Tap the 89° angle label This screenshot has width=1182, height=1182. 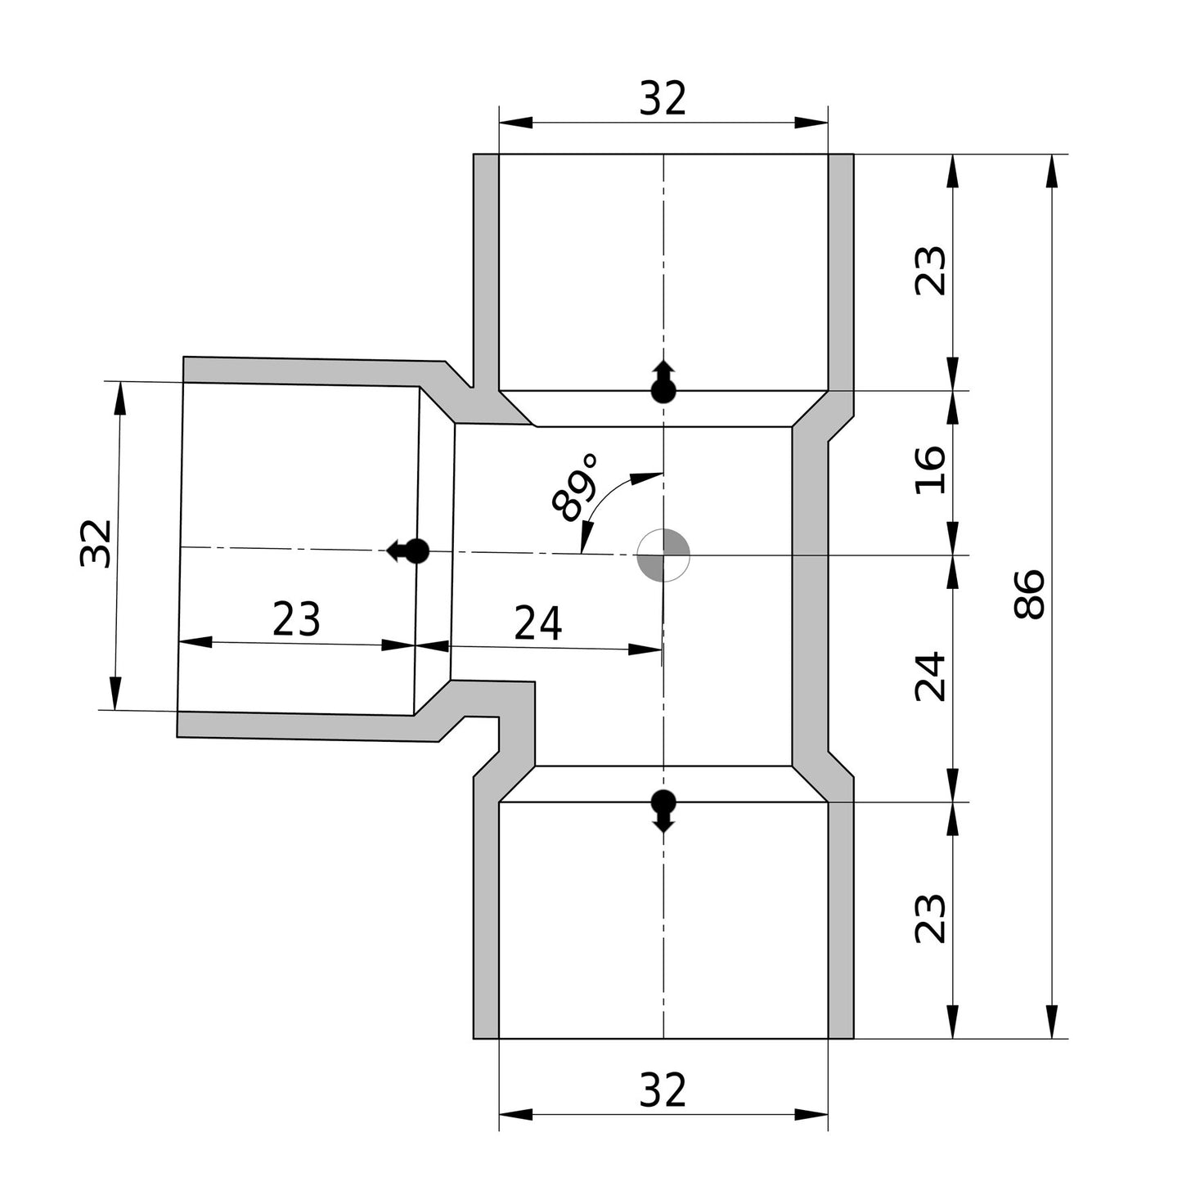click(x=575, y=489)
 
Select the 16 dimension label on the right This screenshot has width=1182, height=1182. click(x=931, y=470)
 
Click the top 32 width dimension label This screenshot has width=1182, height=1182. click(x=663, y=100)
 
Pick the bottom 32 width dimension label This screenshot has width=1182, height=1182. click(x=663, y=1090)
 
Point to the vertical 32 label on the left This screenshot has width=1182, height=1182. click(x=96, y=543)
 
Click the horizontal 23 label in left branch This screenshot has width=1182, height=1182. click(x=296, y=619)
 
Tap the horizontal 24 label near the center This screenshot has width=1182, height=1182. click(x=538, y=624)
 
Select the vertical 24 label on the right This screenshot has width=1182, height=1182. click(x=931, y=676)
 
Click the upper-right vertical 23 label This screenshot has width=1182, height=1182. click(x=931, y=271)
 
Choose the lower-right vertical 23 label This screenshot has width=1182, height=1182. click(x=931, y=919)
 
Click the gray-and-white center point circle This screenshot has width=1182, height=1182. click(x=663, y=555)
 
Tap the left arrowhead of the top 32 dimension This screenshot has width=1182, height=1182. click(x=515, y=123)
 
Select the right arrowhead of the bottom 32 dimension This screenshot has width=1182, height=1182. click(x=811, y=1114)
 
